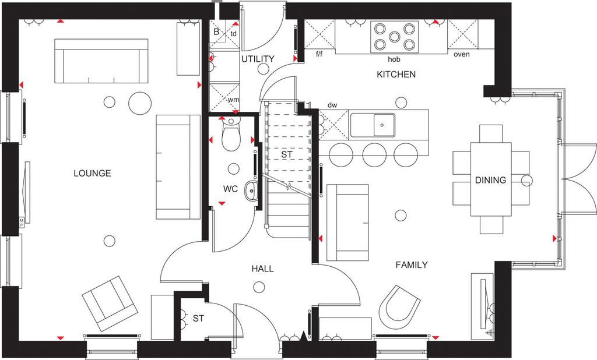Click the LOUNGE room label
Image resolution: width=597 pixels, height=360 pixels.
point(92,173)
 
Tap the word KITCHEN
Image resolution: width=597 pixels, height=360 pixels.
point(396,74)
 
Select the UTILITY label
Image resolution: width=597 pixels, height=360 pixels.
point(258,59)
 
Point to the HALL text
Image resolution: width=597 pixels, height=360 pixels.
point(262,269)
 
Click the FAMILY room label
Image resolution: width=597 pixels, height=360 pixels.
point(411,264)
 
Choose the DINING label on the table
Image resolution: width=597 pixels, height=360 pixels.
point(490,180)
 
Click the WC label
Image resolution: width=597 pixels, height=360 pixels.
point(230,189)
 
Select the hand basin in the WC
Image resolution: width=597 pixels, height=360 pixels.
point(251,190)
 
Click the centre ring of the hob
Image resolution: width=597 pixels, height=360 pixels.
point(395,37)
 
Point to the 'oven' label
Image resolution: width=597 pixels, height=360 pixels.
point(462,54)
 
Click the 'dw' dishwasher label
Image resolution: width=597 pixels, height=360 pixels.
point(332,105)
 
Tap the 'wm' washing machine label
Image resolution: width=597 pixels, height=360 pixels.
point(233,100)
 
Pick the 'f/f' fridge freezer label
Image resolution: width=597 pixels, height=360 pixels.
point(319,54)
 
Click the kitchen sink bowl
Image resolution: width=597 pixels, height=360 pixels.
point(384,125)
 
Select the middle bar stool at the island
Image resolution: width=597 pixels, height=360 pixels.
point(375,155)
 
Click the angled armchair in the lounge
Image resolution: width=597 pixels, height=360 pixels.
point(110,303)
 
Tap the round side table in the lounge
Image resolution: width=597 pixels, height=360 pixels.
point(140,103)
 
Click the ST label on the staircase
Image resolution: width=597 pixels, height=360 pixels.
point(287,154)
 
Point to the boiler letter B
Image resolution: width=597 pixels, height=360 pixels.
point(216,32)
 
